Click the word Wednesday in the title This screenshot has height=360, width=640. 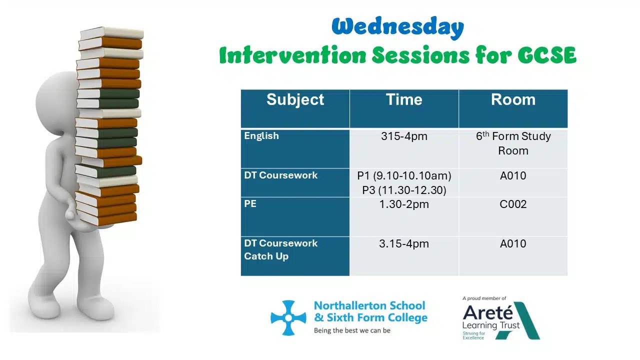coord(397,27)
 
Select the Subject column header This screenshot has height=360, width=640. coord(295,99)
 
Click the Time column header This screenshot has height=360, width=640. coord(404,99)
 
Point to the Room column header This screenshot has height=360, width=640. coord(513,99)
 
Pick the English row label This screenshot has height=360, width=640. coord(261,136)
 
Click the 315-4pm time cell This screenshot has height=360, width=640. coord(404,136)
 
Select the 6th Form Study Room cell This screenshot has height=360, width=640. coord(513,143)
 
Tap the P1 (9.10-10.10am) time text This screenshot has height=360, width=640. coord(404,175)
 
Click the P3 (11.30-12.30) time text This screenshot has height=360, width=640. coord(404,190)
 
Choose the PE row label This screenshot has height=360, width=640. coord(250,203)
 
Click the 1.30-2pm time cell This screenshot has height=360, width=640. coord(404,204)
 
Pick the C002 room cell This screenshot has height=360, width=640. coord(513,204)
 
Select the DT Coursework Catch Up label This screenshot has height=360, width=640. coord(280,249)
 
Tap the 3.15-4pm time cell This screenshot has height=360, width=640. coord(404,243)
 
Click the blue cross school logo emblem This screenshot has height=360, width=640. coord(288,317)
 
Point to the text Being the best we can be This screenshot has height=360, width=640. coord(352,330)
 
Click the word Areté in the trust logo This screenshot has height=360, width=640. coord(487,312)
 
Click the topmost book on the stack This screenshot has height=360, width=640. coord(111,33)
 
